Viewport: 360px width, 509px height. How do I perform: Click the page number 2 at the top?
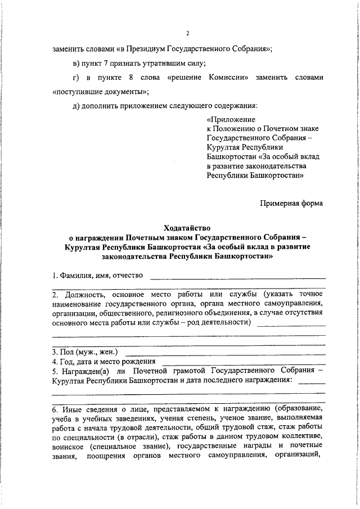(188, 33)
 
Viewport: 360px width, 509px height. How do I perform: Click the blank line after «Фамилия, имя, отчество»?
(237, 277)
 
